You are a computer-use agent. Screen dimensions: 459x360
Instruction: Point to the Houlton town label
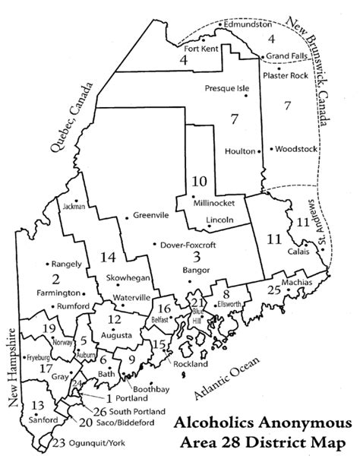point(240,151)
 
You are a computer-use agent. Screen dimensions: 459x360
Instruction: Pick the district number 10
point(200,182)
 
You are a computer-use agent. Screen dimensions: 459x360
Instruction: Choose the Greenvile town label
point(150,215)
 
